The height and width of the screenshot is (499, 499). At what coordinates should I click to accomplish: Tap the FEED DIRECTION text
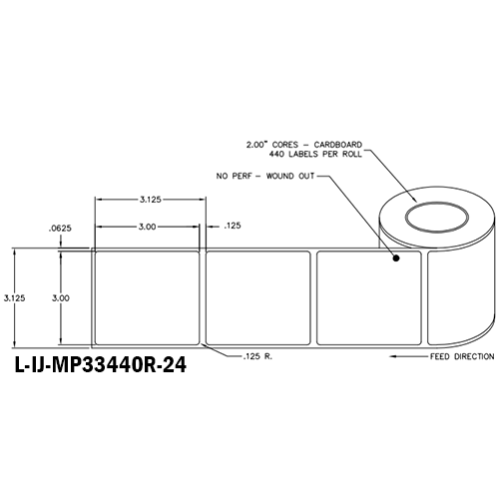[x=456, y=354]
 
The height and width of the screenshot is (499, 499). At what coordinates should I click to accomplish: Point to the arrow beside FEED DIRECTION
[x=404, y=354]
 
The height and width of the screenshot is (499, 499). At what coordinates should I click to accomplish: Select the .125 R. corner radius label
[x=255, y=355]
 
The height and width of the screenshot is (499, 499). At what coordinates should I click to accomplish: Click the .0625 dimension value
[x=60, y=230]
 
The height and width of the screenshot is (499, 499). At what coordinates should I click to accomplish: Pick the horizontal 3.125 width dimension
[x=151, y=199]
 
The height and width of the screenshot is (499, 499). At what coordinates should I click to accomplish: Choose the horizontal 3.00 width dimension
[x=147, y=227]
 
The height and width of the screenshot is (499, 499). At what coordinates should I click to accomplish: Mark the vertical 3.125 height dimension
[x=14, y=296]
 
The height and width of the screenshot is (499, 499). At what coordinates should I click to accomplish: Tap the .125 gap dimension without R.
[x=232, y=227]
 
